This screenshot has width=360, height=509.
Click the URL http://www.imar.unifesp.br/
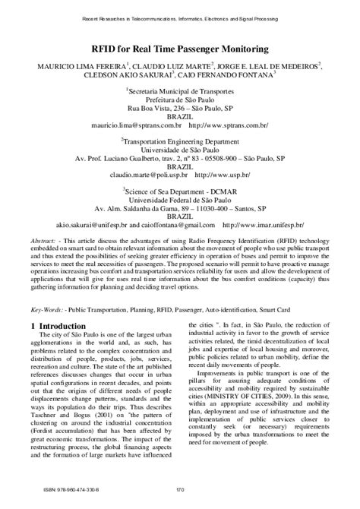(x=263, y=225)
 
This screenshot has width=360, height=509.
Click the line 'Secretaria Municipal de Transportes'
(x=180, y=89)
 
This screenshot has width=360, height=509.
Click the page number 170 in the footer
(x=180, y=497)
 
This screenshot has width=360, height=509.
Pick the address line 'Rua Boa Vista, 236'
(x=180, y=109)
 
